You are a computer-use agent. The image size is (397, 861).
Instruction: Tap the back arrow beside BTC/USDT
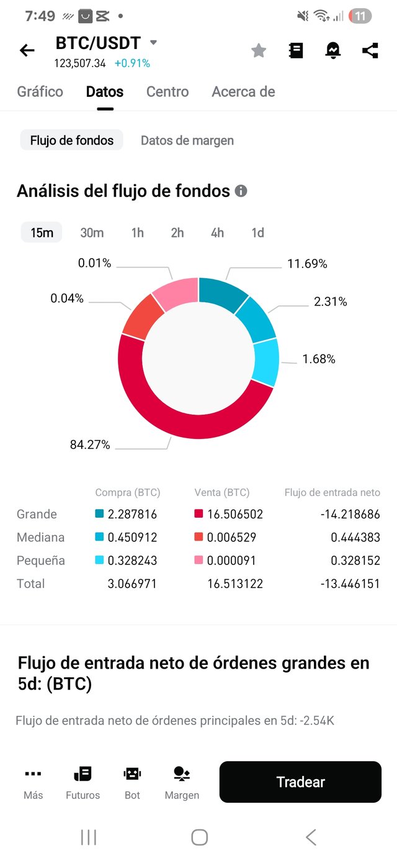[x=27, y=51]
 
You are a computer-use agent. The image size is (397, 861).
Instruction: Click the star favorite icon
[x=259, y=51]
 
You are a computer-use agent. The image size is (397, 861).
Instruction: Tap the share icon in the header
[x=370, y=51]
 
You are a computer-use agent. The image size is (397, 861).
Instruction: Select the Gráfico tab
[x=40, y=92]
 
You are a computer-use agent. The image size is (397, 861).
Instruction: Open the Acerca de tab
[x=243, y=92]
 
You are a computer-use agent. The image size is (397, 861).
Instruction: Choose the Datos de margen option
[x=187, y=140]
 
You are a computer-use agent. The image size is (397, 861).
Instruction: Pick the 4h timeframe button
[x=217, y=233]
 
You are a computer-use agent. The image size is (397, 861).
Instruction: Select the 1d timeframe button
[x=257, y=233]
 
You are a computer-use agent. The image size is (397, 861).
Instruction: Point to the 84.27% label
[x=90, y=444]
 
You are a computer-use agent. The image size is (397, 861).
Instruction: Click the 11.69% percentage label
[x=307, y=264]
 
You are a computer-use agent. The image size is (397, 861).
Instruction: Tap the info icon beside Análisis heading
[x=241, y=191]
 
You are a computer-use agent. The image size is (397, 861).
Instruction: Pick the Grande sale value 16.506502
[x=234, y=514]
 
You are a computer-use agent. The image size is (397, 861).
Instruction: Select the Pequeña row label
[x=41, y=561]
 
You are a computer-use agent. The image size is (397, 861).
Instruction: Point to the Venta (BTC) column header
[x=222, y=493]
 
